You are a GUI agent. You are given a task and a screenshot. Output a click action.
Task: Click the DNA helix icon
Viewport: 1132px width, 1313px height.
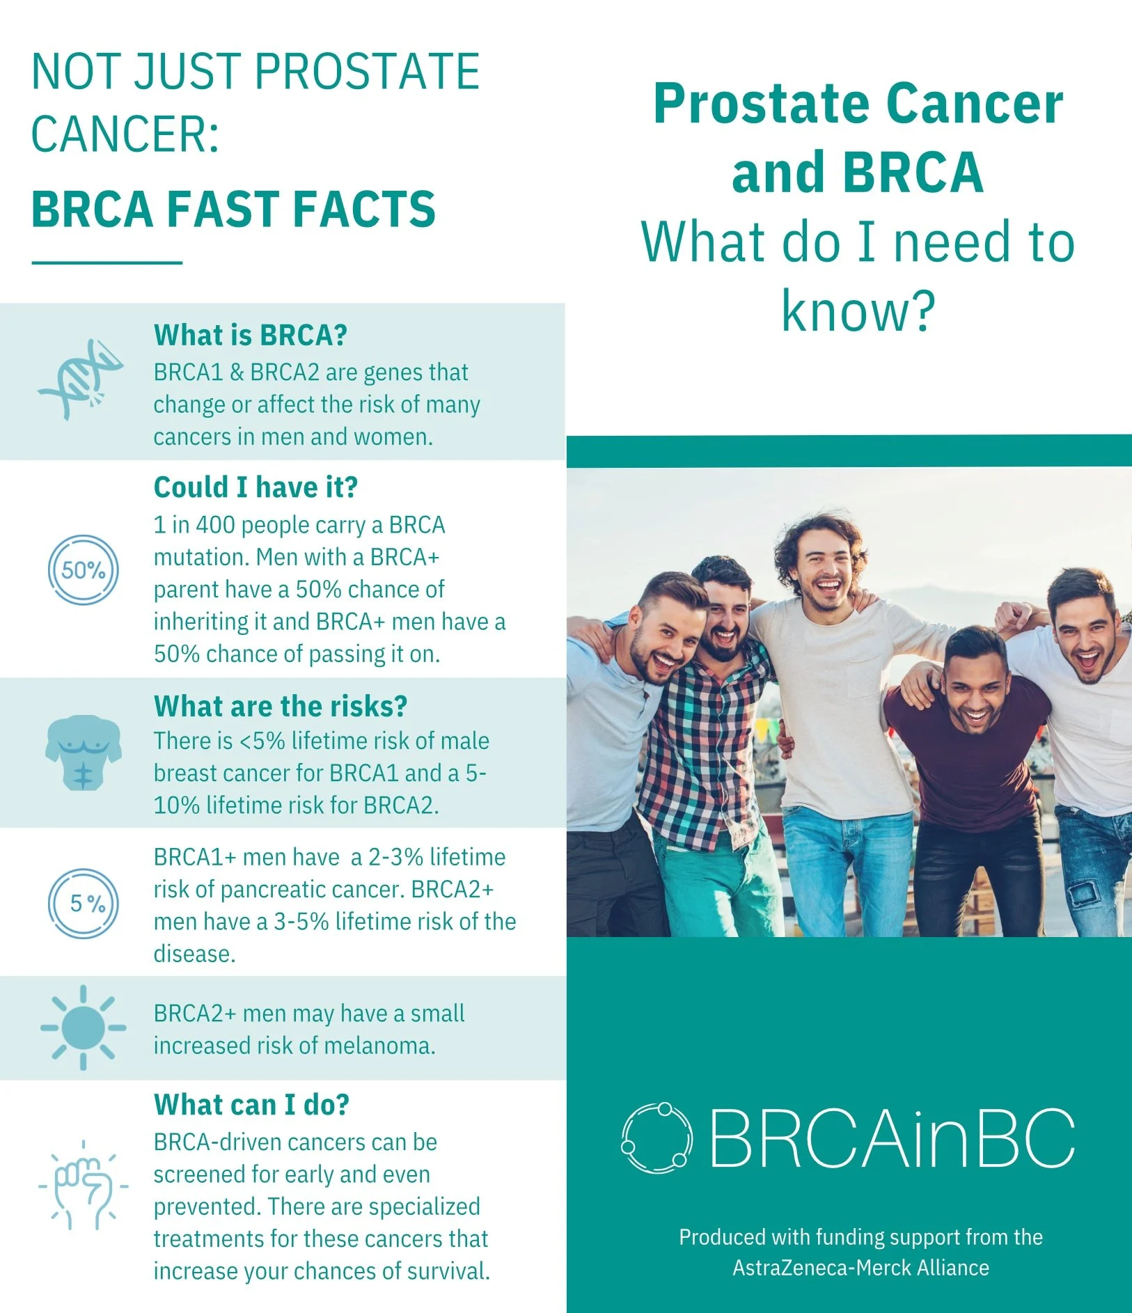(81, 379)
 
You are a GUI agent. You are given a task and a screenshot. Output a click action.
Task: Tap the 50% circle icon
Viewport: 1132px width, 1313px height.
(83, 570)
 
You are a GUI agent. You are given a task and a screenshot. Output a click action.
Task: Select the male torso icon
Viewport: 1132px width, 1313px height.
(83, 753)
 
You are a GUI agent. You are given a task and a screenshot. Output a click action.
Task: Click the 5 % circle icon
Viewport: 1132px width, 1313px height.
(84, 904)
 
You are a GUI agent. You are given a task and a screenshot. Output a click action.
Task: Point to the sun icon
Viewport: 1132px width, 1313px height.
(83, 1027)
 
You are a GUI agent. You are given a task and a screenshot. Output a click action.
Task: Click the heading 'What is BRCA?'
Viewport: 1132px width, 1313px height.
(250, 336)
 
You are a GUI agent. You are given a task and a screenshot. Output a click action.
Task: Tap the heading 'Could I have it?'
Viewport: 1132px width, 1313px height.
(256, 487)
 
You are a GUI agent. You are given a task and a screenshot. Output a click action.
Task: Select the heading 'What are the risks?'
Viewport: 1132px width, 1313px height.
(280, 706)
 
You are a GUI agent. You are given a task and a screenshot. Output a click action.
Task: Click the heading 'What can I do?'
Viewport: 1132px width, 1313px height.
(251, 1105)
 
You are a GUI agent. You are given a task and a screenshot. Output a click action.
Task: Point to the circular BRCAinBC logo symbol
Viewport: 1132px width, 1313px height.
(657, 1138)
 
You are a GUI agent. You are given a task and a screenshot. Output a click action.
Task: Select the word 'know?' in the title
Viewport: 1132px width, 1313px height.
(858, 311)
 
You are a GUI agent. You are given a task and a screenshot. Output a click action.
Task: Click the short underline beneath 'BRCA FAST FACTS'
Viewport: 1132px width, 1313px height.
(107, 262)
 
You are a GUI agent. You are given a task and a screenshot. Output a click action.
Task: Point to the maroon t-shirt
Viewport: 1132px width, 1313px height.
(975, 766)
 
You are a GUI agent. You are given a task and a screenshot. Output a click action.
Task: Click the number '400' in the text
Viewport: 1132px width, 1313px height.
(215, 525)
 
